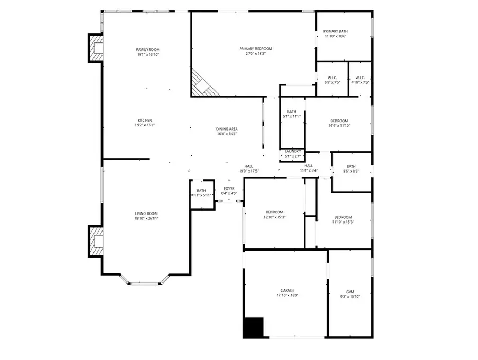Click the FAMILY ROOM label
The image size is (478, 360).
pyautogui.click(x=148, y=49)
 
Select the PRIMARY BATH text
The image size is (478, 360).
pyautogui.click(x=336, y=31)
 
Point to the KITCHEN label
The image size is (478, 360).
pyautogui.click(x=145, y=121)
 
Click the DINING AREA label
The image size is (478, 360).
pyautogui.click(x=227, y=129)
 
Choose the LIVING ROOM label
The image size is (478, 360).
pyautogui.click(x=146, y=213)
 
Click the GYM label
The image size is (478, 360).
pyautogui.click(x=349, y=292)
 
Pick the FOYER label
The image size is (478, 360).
pyautogui.click(x=229, y=188)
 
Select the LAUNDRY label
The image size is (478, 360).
pyautogui.click(x=293, y=151)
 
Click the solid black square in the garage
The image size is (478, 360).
pyautogui.click(x=253, y=327)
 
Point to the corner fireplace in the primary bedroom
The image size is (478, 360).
pyautogui.click(x=203, y=84)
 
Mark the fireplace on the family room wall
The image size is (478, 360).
pyautogui.click(x=96, y=48)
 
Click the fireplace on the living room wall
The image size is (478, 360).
pyautogui.click(x=96, y=241)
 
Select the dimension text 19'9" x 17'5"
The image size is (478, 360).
pyautogui.click(x=249, y=171)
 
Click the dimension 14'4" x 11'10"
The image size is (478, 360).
pyautogui.click(x=339, y=126)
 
